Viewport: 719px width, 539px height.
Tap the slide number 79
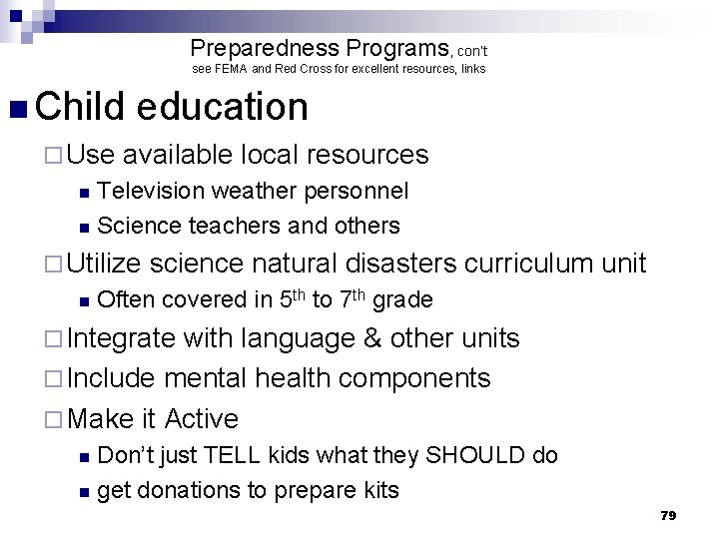[x=669, y=515]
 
